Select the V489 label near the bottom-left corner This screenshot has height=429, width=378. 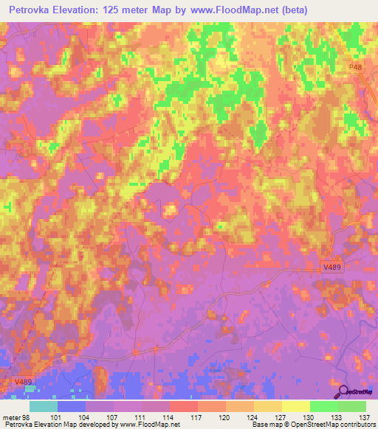click(23, 381)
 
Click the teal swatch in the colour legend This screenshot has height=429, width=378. click(44, 406)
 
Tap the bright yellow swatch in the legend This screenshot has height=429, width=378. click(295, 406)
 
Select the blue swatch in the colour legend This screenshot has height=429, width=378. click(72, 406)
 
